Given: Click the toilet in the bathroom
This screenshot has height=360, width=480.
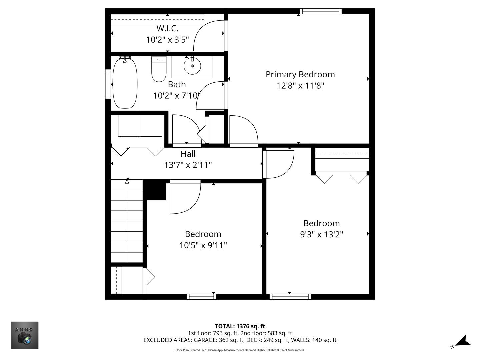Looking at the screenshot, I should click(x=159, y=69).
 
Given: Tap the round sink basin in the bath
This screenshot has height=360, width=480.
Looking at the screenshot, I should click(x=192, y=66).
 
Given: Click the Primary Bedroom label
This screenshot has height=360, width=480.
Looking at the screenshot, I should click(x=300, y=74).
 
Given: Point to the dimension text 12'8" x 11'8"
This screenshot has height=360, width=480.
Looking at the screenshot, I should click(x=300, y=86).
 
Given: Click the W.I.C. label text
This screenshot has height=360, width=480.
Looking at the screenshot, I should click(x=167, y=29).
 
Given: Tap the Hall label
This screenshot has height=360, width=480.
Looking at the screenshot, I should click(x=188, y=154).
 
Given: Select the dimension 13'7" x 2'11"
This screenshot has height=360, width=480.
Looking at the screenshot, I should click(x=188, y=165).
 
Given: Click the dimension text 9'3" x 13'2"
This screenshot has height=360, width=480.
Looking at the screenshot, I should click(x=321, y=234).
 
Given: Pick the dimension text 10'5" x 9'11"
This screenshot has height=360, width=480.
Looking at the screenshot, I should click(x=203, y=245).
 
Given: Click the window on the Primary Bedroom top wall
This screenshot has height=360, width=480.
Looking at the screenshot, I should click(x=321, y=11).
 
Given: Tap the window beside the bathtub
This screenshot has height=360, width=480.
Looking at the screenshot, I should click(x=108, y=84).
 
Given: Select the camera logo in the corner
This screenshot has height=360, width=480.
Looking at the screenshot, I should click(x=25, y=335).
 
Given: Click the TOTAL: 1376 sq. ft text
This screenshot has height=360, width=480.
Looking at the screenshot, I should click(x=240, y=326).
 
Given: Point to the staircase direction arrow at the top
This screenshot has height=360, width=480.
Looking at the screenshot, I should click(x=127, y=181).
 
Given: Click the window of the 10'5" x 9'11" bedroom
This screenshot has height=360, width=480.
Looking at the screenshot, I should click(x=201, y=297).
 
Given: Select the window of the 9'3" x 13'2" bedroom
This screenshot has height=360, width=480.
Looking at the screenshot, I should click(x=290, y=297).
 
